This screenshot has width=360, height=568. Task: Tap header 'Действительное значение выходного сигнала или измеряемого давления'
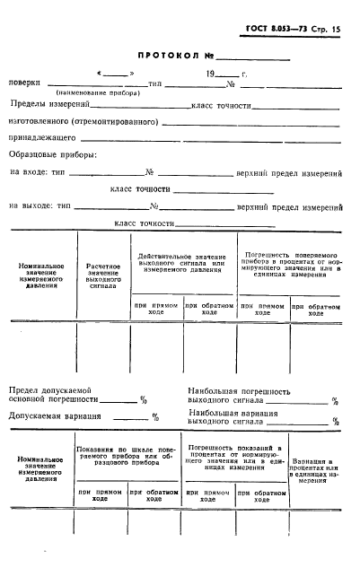point(183,262)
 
